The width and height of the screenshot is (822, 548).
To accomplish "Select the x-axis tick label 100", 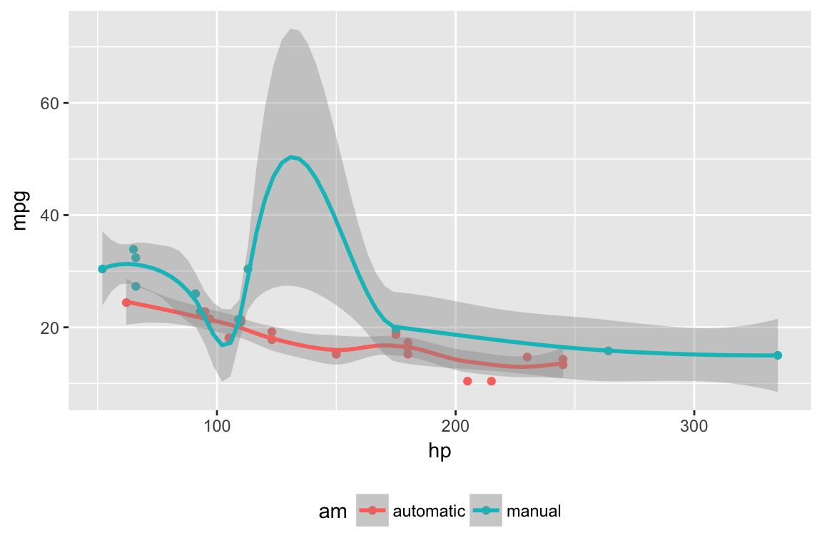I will pos(217,425).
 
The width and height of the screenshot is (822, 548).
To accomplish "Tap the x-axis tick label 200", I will pos(455,425).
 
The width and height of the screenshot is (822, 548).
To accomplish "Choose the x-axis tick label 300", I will pos(694,425).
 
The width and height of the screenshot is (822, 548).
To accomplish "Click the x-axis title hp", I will pos(440,451).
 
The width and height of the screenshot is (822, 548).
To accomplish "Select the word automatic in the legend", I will pos(429,511).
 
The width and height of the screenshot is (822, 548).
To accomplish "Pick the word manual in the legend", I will pos(534,511).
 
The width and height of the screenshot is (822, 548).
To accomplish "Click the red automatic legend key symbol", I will pos(372,510).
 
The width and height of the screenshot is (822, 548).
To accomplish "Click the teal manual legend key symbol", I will pos(485,510).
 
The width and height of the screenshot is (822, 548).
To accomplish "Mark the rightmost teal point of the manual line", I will pos(778,355).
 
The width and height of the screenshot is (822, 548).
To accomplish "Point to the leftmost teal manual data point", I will pos(102,269).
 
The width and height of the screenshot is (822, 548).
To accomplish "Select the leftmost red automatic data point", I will pos(126,303).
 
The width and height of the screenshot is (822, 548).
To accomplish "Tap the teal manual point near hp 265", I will pos(608,350).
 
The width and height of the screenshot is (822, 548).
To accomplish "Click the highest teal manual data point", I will pos(133,249).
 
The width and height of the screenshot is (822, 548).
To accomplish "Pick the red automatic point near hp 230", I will pos(527,357).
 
